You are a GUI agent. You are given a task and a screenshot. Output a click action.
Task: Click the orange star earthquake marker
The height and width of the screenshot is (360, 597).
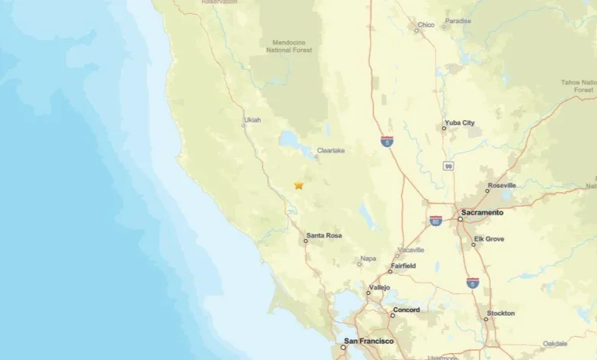tap(298, 185)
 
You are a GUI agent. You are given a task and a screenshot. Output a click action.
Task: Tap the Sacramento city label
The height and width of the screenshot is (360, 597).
tap(482, 212)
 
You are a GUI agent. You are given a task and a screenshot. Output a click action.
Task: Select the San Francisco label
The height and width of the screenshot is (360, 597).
tap(369, 341)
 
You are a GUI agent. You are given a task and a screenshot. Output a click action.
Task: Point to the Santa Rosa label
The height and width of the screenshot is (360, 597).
tap(324, 236)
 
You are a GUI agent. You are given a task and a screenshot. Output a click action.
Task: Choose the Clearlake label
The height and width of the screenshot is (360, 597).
tap(331, 151)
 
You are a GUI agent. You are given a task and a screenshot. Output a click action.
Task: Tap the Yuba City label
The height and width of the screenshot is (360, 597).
tap(459, 123)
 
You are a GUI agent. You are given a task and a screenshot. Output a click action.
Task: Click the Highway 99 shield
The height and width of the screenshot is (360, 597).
tap(447, 165)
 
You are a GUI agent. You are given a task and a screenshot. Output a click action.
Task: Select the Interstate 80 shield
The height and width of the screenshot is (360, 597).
tap(436, 221)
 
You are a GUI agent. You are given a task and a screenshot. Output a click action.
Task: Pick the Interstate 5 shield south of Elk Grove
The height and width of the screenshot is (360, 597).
tap(473, 283)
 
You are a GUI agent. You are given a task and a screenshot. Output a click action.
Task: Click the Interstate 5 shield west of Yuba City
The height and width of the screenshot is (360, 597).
tap(387, 142)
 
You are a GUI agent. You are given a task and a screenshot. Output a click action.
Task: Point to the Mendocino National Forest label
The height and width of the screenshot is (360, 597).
tap(289, 47)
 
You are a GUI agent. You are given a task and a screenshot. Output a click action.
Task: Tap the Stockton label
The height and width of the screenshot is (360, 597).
tap(501, 313)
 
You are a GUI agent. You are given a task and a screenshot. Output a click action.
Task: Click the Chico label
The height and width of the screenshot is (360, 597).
tap(426, 25)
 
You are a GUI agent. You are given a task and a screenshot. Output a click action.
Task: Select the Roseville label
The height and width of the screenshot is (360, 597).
tap(501, 185)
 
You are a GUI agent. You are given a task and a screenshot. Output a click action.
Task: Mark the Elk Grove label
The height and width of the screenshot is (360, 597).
tap(489, 239)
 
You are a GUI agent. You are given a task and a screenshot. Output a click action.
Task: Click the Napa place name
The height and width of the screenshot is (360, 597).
tap(368, 259)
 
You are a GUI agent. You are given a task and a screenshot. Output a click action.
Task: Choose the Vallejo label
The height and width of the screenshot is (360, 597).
tap(379, 287)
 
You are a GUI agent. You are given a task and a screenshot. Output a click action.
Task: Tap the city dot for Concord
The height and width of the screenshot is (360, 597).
tap(393, 315)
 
